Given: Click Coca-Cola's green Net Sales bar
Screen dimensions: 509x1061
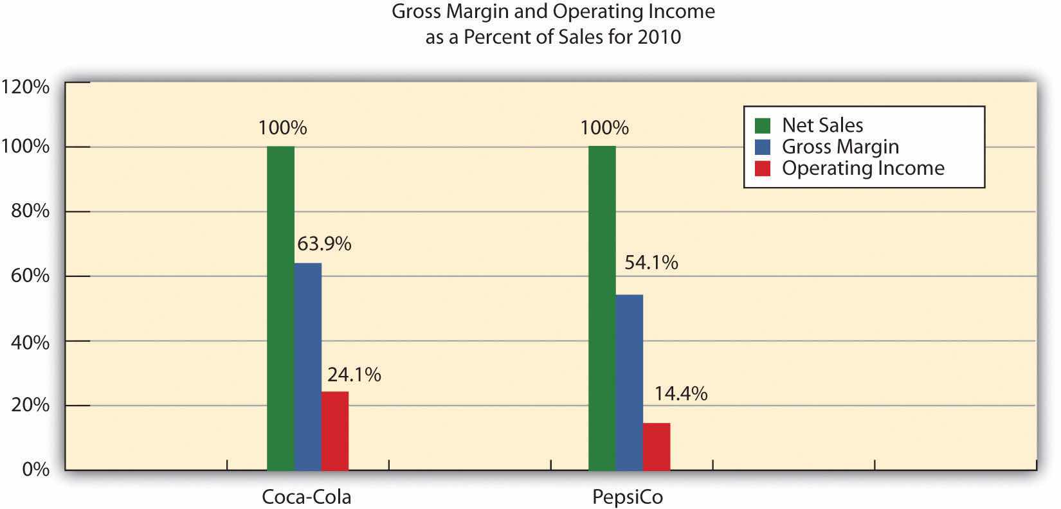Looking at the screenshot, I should pyautogui.click(x=280, y=308).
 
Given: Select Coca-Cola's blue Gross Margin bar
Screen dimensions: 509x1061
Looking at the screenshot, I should pyautogui.click(x=308, y=366).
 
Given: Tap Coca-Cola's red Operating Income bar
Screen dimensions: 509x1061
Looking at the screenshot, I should pyautogui.click(x=335, y=431).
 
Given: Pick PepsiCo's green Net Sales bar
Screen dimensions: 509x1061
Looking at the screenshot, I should pyautogui.click(x=602, y=308).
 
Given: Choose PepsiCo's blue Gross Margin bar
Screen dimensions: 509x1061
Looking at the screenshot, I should pyautogui.click(x=629, y=382).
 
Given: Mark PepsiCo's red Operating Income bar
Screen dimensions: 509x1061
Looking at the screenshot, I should pyautogui.click(x=657, y=446).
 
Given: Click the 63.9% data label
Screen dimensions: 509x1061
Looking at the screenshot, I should pyautogui.click(x=324, y=244).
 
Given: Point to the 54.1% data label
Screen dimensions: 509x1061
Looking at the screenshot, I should pyautogui.click(x=651, y=263).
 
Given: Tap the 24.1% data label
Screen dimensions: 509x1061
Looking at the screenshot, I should pyautogui.click(x=354, y=375).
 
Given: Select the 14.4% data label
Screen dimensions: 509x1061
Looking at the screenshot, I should pyautogui.click(x=681, y=393).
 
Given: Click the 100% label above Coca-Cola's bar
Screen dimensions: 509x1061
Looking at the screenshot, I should pyautogui.click(x=282, y=128).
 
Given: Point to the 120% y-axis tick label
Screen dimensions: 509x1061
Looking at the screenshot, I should pyautogui.click(x=26, y=87).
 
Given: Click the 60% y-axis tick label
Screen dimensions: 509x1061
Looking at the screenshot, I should pyautogui.click(x=30, y=276).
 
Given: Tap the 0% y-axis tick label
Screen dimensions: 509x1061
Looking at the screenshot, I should pyautogui.click(x=36, y=470).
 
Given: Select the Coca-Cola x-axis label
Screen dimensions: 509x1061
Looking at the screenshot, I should pyautogui.click(x=307, y=497).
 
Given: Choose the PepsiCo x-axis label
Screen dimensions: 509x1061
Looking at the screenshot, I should pyautogui.click(x=628, y=497).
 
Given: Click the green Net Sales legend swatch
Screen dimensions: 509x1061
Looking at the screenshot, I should pyautogui.click(x=762, y=125).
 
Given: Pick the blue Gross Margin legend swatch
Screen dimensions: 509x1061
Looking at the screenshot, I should pyautogui.click(x=762, y=147).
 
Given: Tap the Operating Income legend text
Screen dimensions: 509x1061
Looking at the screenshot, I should pyautogui.click(x=863, y=168).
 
